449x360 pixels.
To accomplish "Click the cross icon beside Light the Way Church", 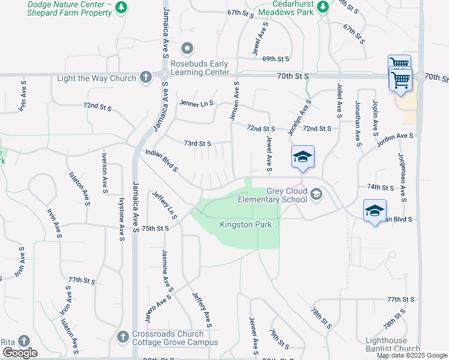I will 145,77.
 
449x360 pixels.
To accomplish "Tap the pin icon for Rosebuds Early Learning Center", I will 187,48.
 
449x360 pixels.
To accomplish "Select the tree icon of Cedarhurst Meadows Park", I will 322,7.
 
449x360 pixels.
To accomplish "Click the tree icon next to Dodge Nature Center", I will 122,7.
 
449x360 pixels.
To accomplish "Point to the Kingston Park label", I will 246,225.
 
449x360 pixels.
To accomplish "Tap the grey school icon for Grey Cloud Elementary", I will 316,194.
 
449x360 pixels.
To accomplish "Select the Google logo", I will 19,353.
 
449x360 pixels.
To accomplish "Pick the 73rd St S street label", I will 197,143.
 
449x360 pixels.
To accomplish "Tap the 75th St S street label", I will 155,229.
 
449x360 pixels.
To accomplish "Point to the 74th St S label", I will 380,187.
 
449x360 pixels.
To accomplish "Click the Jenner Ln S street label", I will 196,103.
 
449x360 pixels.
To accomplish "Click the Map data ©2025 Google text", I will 411,355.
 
